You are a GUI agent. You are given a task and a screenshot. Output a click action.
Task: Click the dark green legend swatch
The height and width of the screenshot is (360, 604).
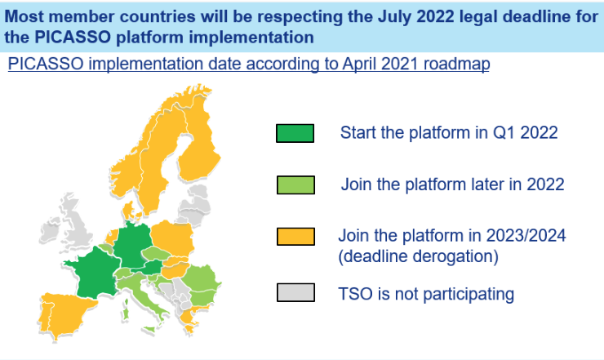[x=295, y=133]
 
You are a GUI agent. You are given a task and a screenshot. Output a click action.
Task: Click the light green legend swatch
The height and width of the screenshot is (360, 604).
[x=295, y=185]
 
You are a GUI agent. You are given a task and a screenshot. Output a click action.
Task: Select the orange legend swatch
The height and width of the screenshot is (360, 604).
[x=295, y=237]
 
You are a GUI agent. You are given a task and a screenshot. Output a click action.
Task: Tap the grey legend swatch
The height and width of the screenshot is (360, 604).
[x=295, y=292]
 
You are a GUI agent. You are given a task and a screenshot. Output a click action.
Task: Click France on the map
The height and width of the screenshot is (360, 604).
[x=95, y=272]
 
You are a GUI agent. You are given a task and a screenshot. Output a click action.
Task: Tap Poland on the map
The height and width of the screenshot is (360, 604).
[x=172, y=238]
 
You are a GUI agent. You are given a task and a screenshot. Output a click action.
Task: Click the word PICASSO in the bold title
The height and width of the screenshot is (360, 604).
[x=73, y=38]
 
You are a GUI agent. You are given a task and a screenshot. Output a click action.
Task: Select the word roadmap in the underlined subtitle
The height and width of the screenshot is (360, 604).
[x=456, y=64]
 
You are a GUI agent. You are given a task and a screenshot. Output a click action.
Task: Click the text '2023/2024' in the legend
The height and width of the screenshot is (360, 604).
[x=526, y=235]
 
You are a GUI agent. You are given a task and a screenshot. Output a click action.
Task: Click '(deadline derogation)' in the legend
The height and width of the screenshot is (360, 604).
[x=418, y=256]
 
